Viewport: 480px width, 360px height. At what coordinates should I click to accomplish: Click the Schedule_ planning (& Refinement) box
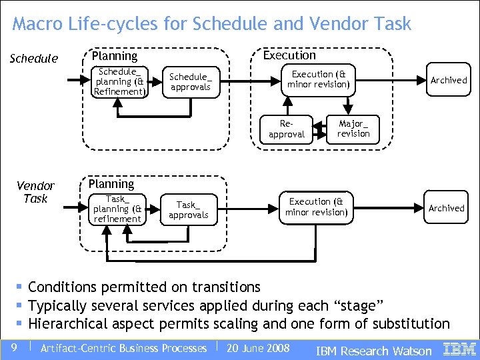[118, 81]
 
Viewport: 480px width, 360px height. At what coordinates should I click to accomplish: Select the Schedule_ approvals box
[190, 82]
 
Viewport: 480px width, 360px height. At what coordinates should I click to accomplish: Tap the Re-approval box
[286, 129]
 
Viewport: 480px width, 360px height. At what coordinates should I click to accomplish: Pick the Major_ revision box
[353, 129]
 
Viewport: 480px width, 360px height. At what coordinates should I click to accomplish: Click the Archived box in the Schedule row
[449, 80]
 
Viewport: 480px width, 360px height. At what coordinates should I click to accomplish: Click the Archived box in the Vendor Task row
[446, 208]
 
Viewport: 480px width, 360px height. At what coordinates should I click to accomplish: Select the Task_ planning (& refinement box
[117, 209]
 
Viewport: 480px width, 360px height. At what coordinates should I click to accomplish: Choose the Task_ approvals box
[188, 210]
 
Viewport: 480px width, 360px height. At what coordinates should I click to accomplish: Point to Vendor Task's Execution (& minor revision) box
[317, 207]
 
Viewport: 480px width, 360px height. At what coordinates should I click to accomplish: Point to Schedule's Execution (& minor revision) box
[319, 79]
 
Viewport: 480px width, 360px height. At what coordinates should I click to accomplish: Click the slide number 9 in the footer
[14, 347]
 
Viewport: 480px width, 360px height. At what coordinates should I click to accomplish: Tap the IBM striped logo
[459, 348]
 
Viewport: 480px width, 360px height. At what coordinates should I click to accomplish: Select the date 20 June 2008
[258, 348]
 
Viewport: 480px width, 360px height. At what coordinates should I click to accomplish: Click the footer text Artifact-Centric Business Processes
[123, 348]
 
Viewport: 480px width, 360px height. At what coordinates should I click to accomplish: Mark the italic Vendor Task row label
[35, 192]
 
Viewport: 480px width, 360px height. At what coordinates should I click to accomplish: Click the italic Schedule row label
[34, 59]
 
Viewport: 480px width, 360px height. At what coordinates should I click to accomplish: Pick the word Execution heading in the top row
[289, 55]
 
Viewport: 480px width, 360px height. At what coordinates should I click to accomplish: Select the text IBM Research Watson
[373, 351]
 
